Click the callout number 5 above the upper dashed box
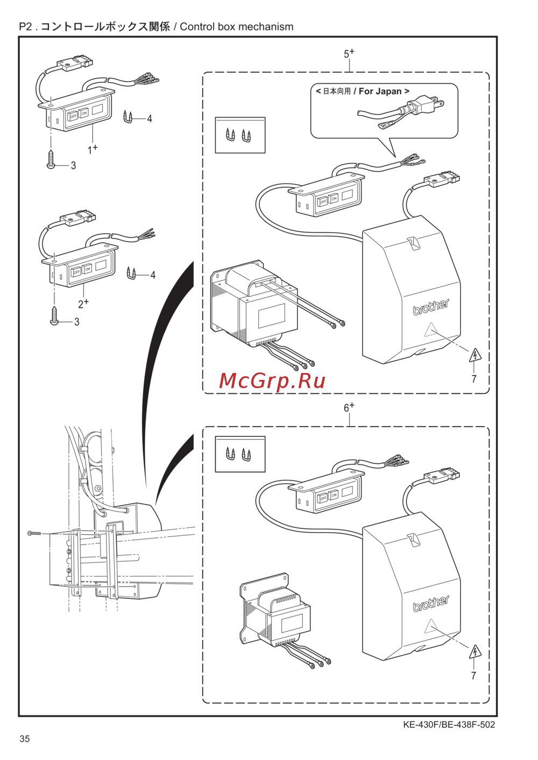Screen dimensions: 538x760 (x=346, y=54)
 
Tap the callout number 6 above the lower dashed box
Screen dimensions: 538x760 (x=346, y=408)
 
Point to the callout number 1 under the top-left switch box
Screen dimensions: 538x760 (x=90, y=150)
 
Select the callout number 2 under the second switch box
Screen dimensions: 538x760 (x=81, y=304)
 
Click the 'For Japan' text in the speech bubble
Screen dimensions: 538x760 (x=380, y=91)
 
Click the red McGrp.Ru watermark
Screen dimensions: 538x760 (x=272, y=381)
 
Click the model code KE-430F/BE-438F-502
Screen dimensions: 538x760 (x=449, y=725)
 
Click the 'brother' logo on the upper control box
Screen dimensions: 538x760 (x=431, y=307)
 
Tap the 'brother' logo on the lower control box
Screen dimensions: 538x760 (x=431, y=604)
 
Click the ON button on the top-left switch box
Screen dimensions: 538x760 (x=83, y=113)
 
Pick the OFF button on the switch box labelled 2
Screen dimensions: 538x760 (x=76, y=271)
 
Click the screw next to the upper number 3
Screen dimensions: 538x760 (x=51, y=159)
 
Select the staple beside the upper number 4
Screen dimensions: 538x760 (x=128, y=117)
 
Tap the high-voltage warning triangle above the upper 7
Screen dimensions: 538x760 (x=475, y=356)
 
